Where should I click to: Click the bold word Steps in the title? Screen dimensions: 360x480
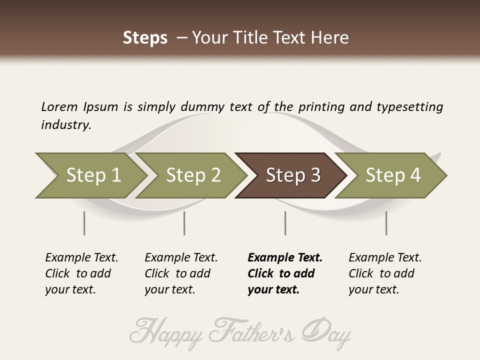coord(145,38)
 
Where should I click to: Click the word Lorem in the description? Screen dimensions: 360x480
coord(59,106)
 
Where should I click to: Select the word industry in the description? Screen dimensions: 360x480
coord(65,124)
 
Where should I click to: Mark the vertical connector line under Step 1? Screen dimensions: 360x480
coord(84,223)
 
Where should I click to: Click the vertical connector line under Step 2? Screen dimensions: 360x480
coord(184,223)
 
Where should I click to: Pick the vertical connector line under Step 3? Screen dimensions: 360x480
coord(285,223)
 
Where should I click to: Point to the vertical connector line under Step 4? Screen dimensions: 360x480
coord(386,223)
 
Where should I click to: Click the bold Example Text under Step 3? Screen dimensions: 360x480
coord(285,257)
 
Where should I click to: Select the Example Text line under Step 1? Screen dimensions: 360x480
coord(81,257)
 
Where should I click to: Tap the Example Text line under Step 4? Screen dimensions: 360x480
coord(385,257)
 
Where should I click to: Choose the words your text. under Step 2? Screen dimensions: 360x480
coord(169,289)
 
